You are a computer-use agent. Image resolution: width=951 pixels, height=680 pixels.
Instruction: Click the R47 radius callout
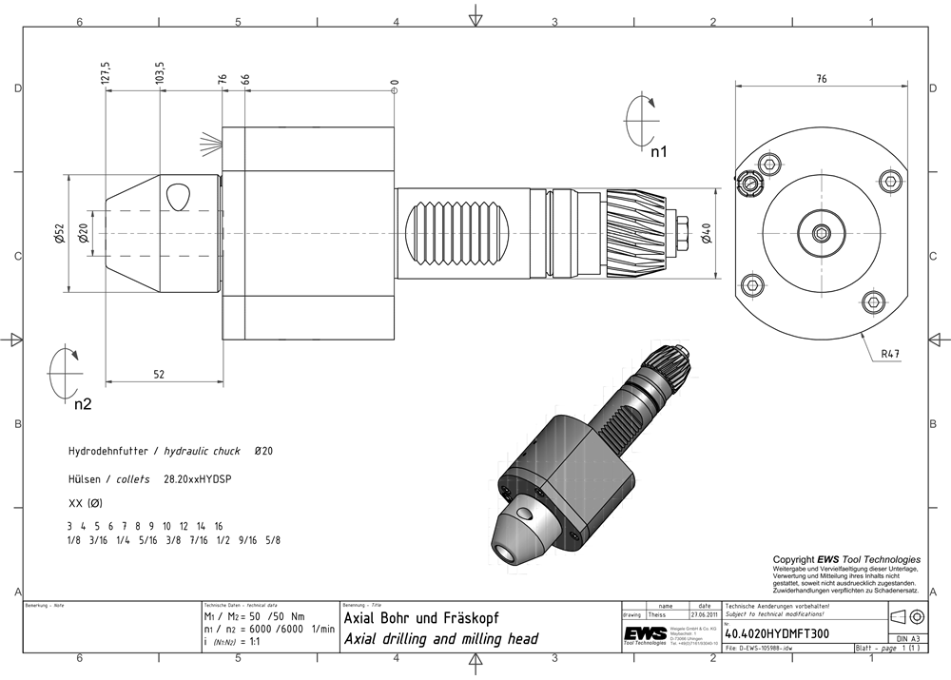[890, 354]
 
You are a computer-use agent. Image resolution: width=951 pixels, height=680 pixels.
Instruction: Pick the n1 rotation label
[658, 150]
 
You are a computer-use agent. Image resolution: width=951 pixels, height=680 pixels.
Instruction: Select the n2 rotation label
[83, 403]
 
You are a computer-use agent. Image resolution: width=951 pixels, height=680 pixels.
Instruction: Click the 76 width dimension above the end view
[821, 80]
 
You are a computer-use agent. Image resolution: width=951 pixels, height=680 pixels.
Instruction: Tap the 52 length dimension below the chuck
[160, 375]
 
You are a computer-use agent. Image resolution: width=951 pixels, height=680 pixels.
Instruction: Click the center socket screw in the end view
[821, 234]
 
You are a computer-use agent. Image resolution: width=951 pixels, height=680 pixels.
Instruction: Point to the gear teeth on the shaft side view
[633, 222]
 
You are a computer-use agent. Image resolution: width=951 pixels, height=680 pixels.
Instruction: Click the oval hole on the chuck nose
[178, 199]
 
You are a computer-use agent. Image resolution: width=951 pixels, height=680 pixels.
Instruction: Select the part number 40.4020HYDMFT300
[776, 631]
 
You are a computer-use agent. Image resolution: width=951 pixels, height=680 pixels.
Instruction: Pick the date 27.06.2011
[704, 614]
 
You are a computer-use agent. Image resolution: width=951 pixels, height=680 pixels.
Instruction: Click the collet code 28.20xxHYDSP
[198, 480]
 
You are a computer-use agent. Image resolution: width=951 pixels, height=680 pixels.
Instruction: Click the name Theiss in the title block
[658, 614]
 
